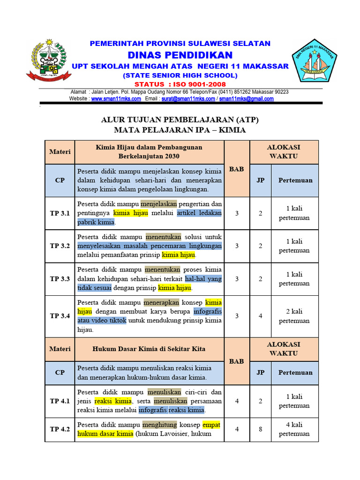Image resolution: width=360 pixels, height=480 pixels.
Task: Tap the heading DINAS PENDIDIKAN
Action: click(x=180, y=55)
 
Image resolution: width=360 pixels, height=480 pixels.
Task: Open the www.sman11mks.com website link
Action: click(x=116, y=99)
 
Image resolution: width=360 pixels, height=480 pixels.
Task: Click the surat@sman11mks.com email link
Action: click(x=188, y=99)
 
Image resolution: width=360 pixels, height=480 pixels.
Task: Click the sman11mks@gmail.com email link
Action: click(x=247, y=99)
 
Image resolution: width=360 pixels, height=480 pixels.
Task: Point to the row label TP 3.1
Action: click(x=60, y=213)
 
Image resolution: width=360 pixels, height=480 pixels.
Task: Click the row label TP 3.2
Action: click(x=60, y=246)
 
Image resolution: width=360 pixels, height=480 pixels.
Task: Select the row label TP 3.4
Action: click(x=60, y=316)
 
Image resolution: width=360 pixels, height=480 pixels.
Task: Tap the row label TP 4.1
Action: click(x=60, y=401)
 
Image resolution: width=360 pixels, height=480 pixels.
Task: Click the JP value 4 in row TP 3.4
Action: click(x=260, y=316)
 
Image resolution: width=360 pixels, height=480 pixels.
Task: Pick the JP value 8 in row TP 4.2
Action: click(x=260, y=429)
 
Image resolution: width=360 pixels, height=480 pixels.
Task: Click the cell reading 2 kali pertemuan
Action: click(x=294, y=316)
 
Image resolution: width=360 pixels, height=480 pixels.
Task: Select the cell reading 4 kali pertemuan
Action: click(x=294, y=429)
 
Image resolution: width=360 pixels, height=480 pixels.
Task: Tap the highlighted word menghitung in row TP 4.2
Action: click(x=160, y=425)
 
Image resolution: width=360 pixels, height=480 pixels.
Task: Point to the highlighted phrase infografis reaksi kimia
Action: click(x=172, y=410)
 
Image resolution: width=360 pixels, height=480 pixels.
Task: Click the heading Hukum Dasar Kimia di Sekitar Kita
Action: click(x=149, y=349)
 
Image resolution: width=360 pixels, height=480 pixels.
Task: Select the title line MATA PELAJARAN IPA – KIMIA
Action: click(x=180, y=130)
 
